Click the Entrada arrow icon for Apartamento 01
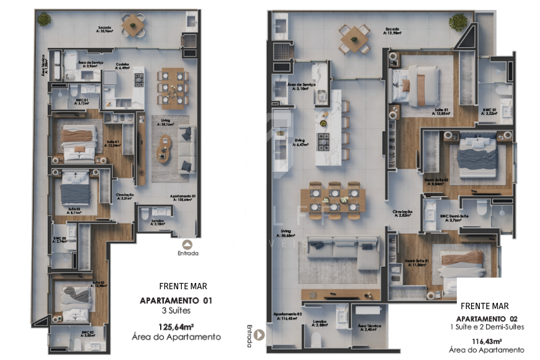[188, 243]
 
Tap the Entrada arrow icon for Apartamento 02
[261, 333]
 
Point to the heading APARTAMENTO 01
[176, 300]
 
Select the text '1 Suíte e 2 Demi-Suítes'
[487, 327]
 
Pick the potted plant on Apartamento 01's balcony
[43, 19]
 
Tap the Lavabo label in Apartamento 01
[157, 221]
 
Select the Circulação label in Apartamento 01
[125, 196]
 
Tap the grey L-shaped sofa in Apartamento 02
[348, 251]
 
